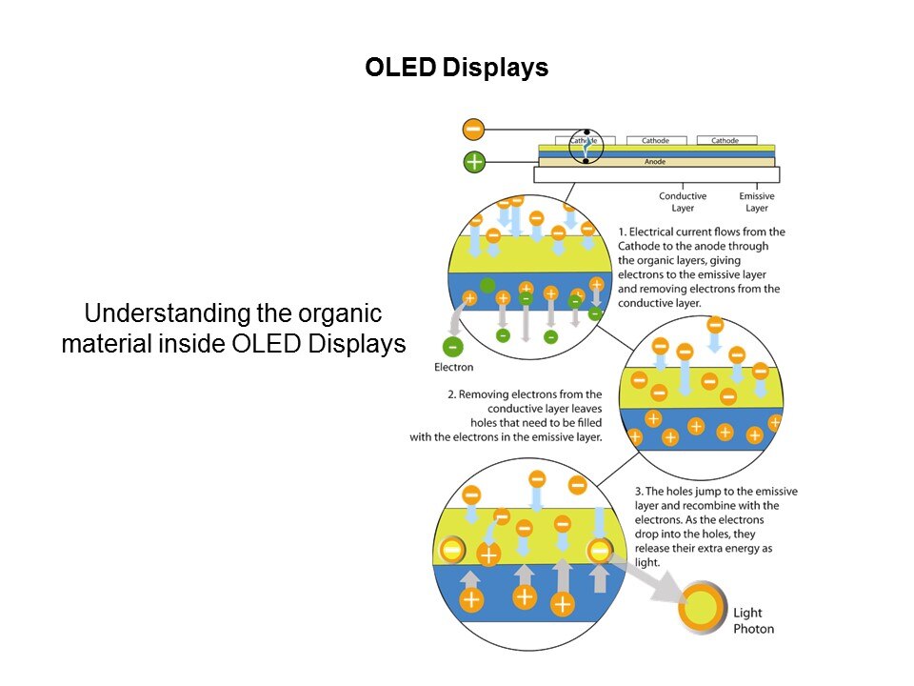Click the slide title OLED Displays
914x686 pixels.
click(x=457, y=69)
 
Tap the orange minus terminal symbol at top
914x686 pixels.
click(x=473, y=130)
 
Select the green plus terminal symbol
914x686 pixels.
click(x=474, y=162)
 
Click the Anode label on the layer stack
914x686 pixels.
click(x=655, y=162)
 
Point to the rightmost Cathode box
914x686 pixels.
click(x=725, y=141)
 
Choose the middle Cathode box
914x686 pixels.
click(x=655, y=141)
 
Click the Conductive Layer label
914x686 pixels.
click(x=683, y=202)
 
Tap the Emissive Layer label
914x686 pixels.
click(x=757, y=202)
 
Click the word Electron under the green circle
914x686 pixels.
click(x=453, y=367)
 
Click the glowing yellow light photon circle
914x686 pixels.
click(x=705, y=608)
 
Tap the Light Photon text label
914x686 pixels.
click(x=753, y=620)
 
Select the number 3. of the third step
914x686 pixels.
click(x=639, y=492)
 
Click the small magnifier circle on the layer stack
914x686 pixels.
click(x=586, y=146)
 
